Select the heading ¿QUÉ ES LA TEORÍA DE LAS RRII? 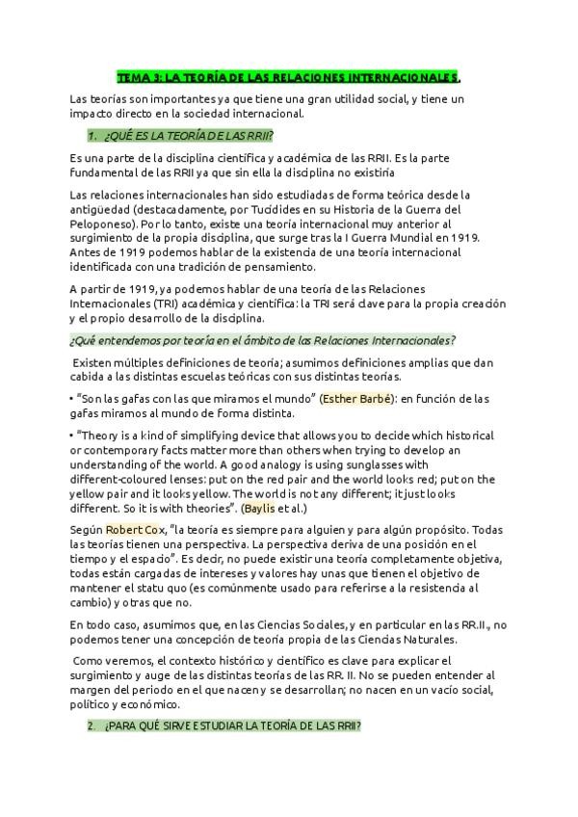188,135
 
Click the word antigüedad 99,209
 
